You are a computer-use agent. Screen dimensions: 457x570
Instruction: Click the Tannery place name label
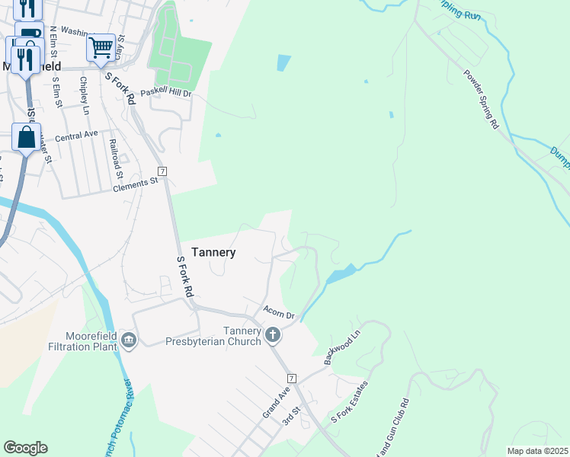point(213,252)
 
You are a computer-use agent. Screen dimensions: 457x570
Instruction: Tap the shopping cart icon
point(101,47)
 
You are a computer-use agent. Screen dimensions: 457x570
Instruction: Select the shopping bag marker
point(26,138)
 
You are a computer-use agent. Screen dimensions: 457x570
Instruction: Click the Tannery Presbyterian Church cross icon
point(272,334)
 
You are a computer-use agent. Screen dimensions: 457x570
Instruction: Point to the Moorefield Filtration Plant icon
point(128,339)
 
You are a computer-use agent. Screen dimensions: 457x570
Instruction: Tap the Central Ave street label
point(76,135)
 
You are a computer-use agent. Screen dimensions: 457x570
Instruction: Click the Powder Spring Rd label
point(480,100)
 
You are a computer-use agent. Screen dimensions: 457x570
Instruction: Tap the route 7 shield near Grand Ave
point(291,379)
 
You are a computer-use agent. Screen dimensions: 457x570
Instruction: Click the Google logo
point(25,448)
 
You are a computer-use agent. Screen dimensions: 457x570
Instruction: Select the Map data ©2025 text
point(536,451)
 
